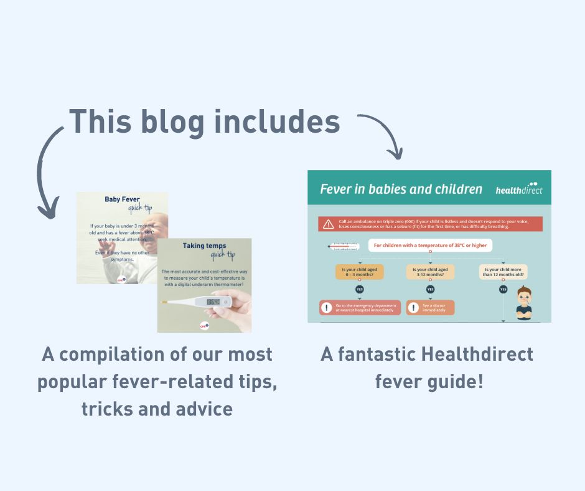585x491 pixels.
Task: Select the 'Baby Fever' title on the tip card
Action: click(x=121, y=200)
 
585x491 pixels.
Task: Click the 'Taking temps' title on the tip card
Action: click(x=204, y=245)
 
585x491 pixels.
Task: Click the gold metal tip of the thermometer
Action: click(x=164, y=302)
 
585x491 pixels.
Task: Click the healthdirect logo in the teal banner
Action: click(x=518, y=189)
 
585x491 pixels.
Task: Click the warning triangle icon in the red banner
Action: click(x=328, y=224)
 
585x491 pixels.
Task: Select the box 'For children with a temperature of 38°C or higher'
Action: click(x=430, y=245)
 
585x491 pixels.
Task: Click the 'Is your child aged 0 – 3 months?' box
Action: click(x=360, y=272)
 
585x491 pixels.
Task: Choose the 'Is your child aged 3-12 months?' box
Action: click(x=431, y=272)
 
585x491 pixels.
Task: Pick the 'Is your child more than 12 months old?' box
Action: click(x=503, y=272)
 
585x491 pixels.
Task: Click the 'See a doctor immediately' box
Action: click(x=431, y=308)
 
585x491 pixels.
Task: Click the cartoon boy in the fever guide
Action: click(x=524, y=302)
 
